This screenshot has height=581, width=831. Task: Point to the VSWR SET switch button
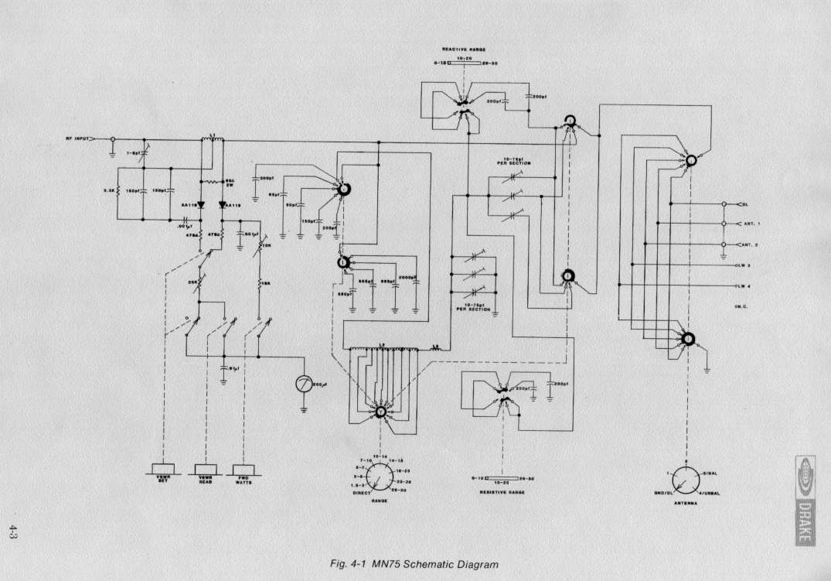tap(163, 469)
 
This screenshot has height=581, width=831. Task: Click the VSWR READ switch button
tap(206, 469)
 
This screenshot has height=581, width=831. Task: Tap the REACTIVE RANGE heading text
tap(463, 48)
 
